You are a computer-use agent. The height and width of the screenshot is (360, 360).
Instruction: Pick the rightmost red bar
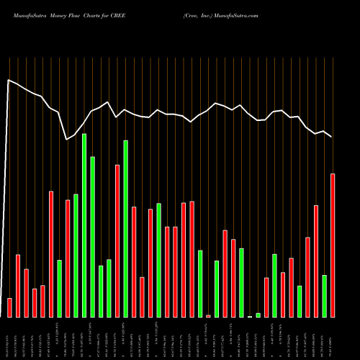point(333,246)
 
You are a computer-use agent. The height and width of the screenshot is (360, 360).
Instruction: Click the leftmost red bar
point(9,307)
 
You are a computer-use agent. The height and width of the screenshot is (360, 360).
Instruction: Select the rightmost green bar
point(324,296)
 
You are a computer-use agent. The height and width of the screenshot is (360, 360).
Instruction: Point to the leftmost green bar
point(60,288)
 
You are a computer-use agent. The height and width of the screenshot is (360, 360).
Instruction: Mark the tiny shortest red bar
point(208,316)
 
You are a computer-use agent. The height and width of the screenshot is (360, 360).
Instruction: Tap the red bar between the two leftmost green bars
point(68,258)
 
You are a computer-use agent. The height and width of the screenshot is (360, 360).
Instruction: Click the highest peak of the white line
point(9,80)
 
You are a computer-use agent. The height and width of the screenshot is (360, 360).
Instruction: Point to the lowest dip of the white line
point(67,139)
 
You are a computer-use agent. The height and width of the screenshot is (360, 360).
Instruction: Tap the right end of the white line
point(332,137)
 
